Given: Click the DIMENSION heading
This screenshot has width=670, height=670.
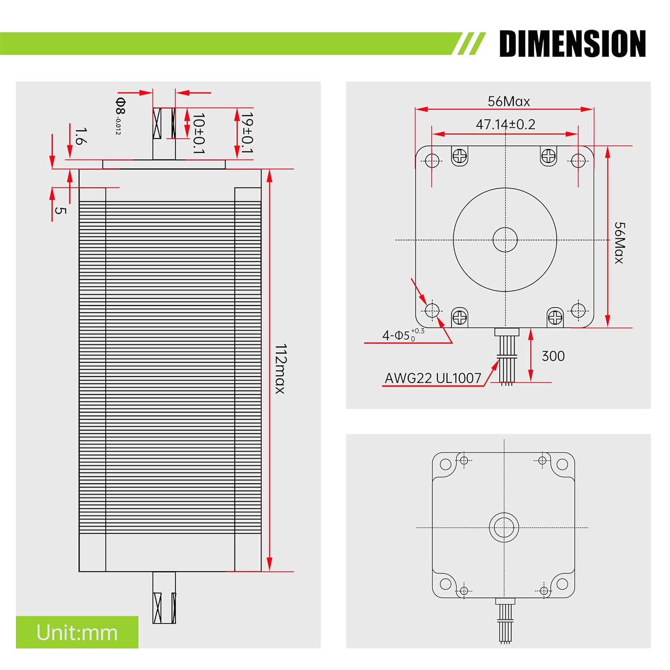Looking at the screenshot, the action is pos(572,43).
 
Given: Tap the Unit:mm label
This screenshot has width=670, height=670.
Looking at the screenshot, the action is pos(77,632).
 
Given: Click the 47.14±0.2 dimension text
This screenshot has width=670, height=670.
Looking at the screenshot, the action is pos(505,124).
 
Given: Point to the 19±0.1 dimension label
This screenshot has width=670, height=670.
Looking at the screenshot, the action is pos(247,133).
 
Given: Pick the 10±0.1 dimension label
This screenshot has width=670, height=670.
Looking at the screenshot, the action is pos(198,133).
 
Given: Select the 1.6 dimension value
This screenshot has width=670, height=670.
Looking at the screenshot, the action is pos(80,136).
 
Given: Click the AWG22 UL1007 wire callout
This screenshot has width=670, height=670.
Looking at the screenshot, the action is pos(433,378).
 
